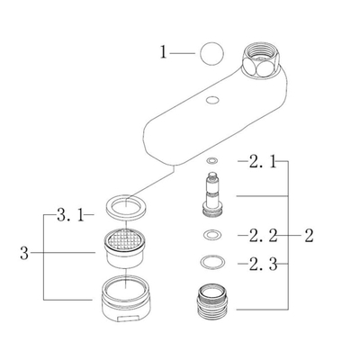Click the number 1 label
point(164,53)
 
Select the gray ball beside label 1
point(211,53)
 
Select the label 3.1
point(70,216)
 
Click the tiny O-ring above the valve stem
point(211,163)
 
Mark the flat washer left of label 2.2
point(211,237)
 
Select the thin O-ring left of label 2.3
point(211,265)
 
